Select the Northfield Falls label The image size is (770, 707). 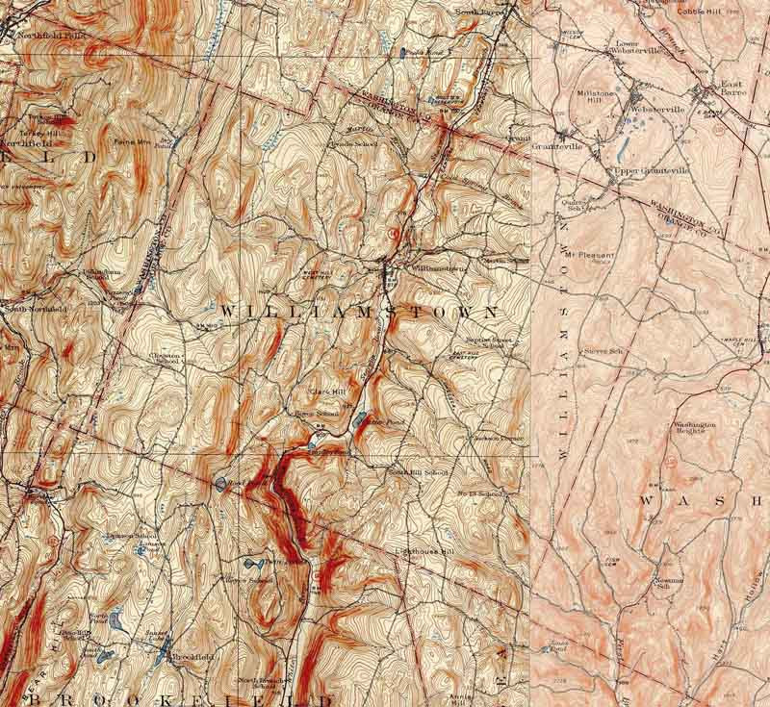(x=43, y=35)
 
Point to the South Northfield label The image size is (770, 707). (x=34, y=309)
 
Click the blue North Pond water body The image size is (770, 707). (x=116, y=620)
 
